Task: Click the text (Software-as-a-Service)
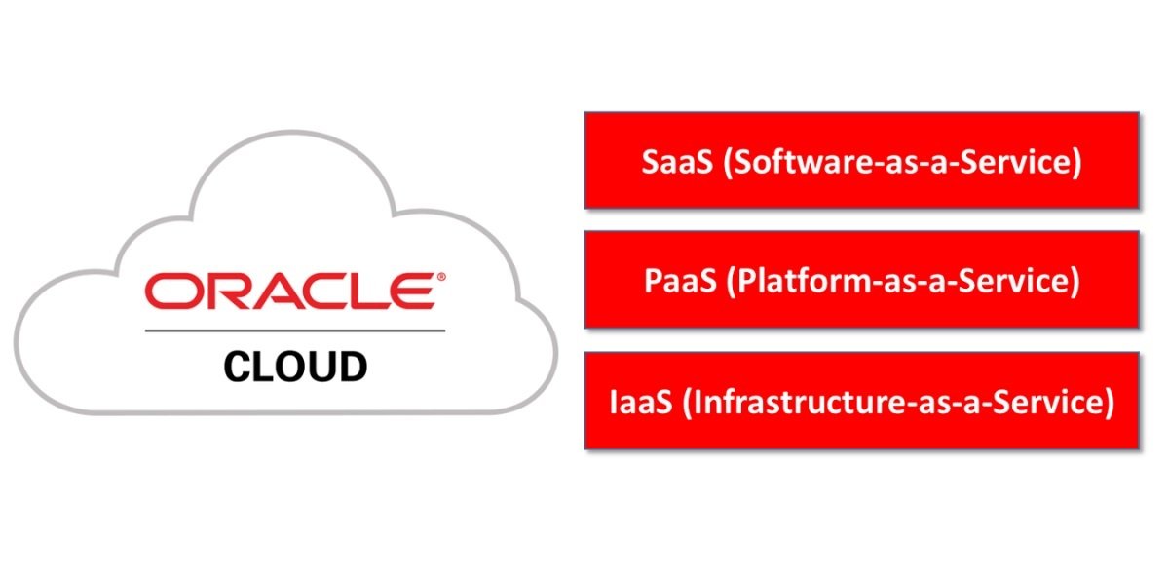(902, 162)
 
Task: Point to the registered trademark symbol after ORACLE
(441, 278)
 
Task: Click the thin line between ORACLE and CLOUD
(295, 331)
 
